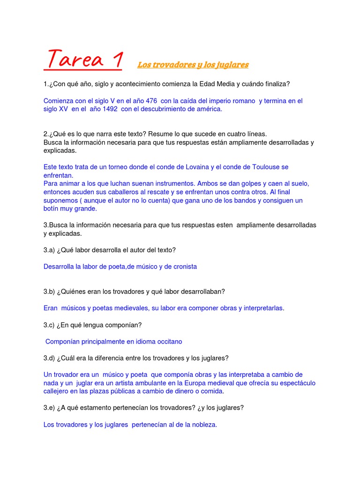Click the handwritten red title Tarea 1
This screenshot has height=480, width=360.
tap(83, 60)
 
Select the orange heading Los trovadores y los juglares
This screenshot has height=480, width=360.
tap(193, 65)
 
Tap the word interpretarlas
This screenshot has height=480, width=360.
tap(260, 308)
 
